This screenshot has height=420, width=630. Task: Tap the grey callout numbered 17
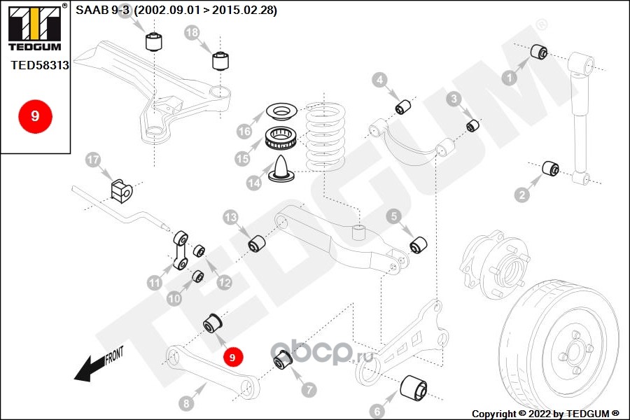tap(93, 160)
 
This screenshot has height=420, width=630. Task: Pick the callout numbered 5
tap(394, 217)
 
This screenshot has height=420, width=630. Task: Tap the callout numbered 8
tap(185, 403)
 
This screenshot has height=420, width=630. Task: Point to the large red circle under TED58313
tap(34, 116)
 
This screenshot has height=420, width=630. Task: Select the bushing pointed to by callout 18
tap(222, 60)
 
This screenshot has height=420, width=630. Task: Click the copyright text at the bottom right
tap(546, 413)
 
